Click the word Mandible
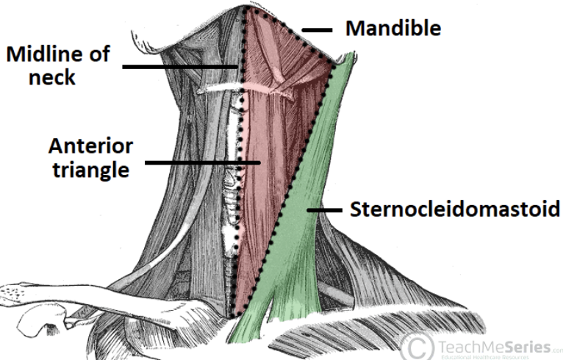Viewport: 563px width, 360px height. (x=393, y=29)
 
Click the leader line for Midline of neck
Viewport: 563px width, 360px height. (x=180, y=67)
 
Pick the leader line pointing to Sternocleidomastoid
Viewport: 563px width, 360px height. (x=325, y=211)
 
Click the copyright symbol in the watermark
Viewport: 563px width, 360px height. (x=417, y=345)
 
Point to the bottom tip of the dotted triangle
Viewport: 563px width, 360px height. (x=237, y=317)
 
